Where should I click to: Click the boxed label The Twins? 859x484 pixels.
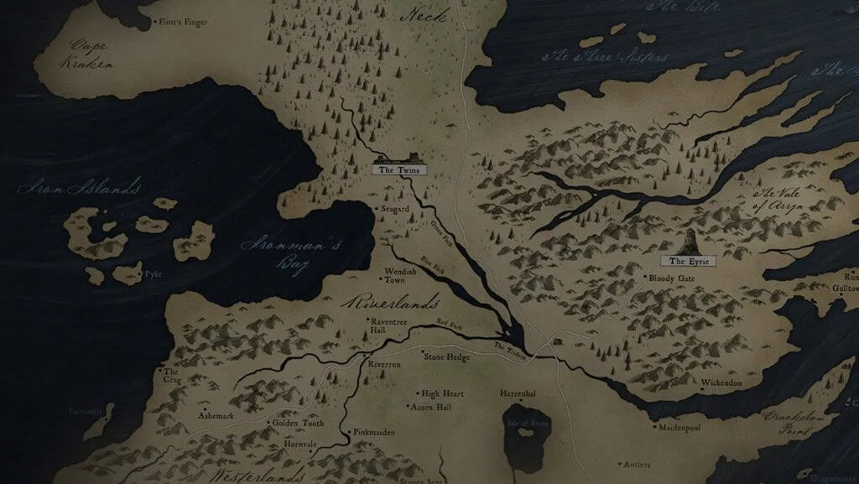[x=399, y=169]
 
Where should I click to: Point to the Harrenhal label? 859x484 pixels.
[x=518, y=393]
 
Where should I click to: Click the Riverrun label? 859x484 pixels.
[x=385, y=367]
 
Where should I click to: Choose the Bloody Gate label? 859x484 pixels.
[x=671, y=278]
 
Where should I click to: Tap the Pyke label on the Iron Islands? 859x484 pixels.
[x=153, y=274]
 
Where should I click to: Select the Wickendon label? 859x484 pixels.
[x=721, y=383]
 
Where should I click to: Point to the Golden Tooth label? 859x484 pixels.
[x=297, y=424]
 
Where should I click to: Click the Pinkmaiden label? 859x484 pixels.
[x=374, y=433]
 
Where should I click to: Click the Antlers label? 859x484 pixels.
[x=640, y=464]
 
